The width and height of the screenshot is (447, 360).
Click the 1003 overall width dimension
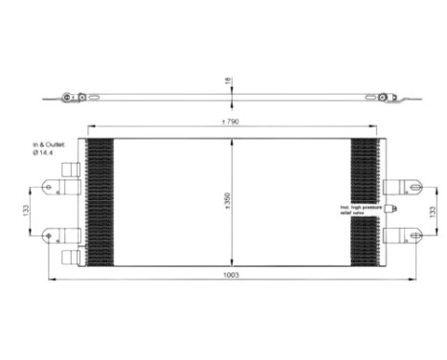click(x=232, y=275)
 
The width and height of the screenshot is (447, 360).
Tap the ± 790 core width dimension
click(x=229, y=123)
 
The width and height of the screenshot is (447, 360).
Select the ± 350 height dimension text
click(x=226, y=199)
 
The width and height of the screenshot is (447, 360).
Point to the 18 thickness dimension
click(x=227, y=81)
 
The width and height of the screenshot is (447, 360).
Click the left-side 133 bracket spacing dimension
click(x=27, y=208)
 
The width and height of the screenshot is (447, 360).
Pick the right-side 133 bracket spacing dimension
click(x=438, y=208)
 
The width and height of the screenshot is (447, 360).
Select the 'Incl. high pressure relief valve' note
click(x=360, y=210)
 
